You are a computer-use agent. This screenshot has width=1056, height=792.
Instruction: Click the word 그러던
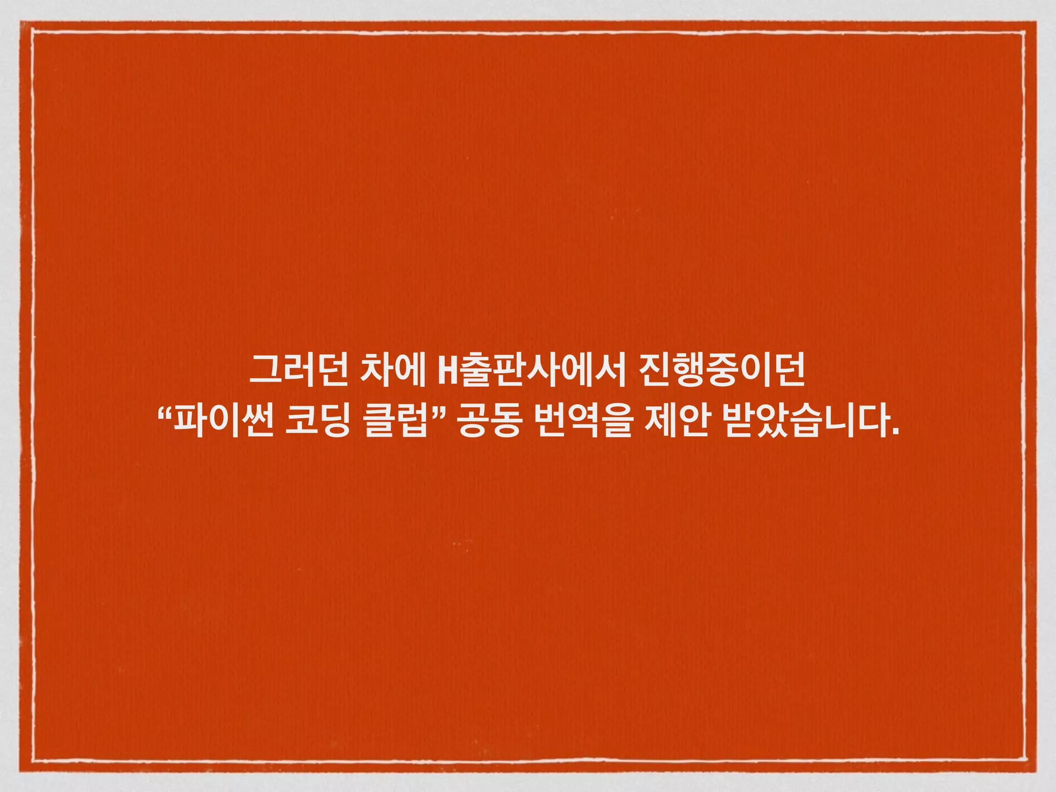300,370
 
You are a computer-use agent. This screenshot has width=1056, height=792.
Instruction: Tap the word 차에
392,370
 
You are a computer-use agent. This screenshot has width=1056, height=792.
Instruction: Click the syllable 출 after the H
471,370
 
